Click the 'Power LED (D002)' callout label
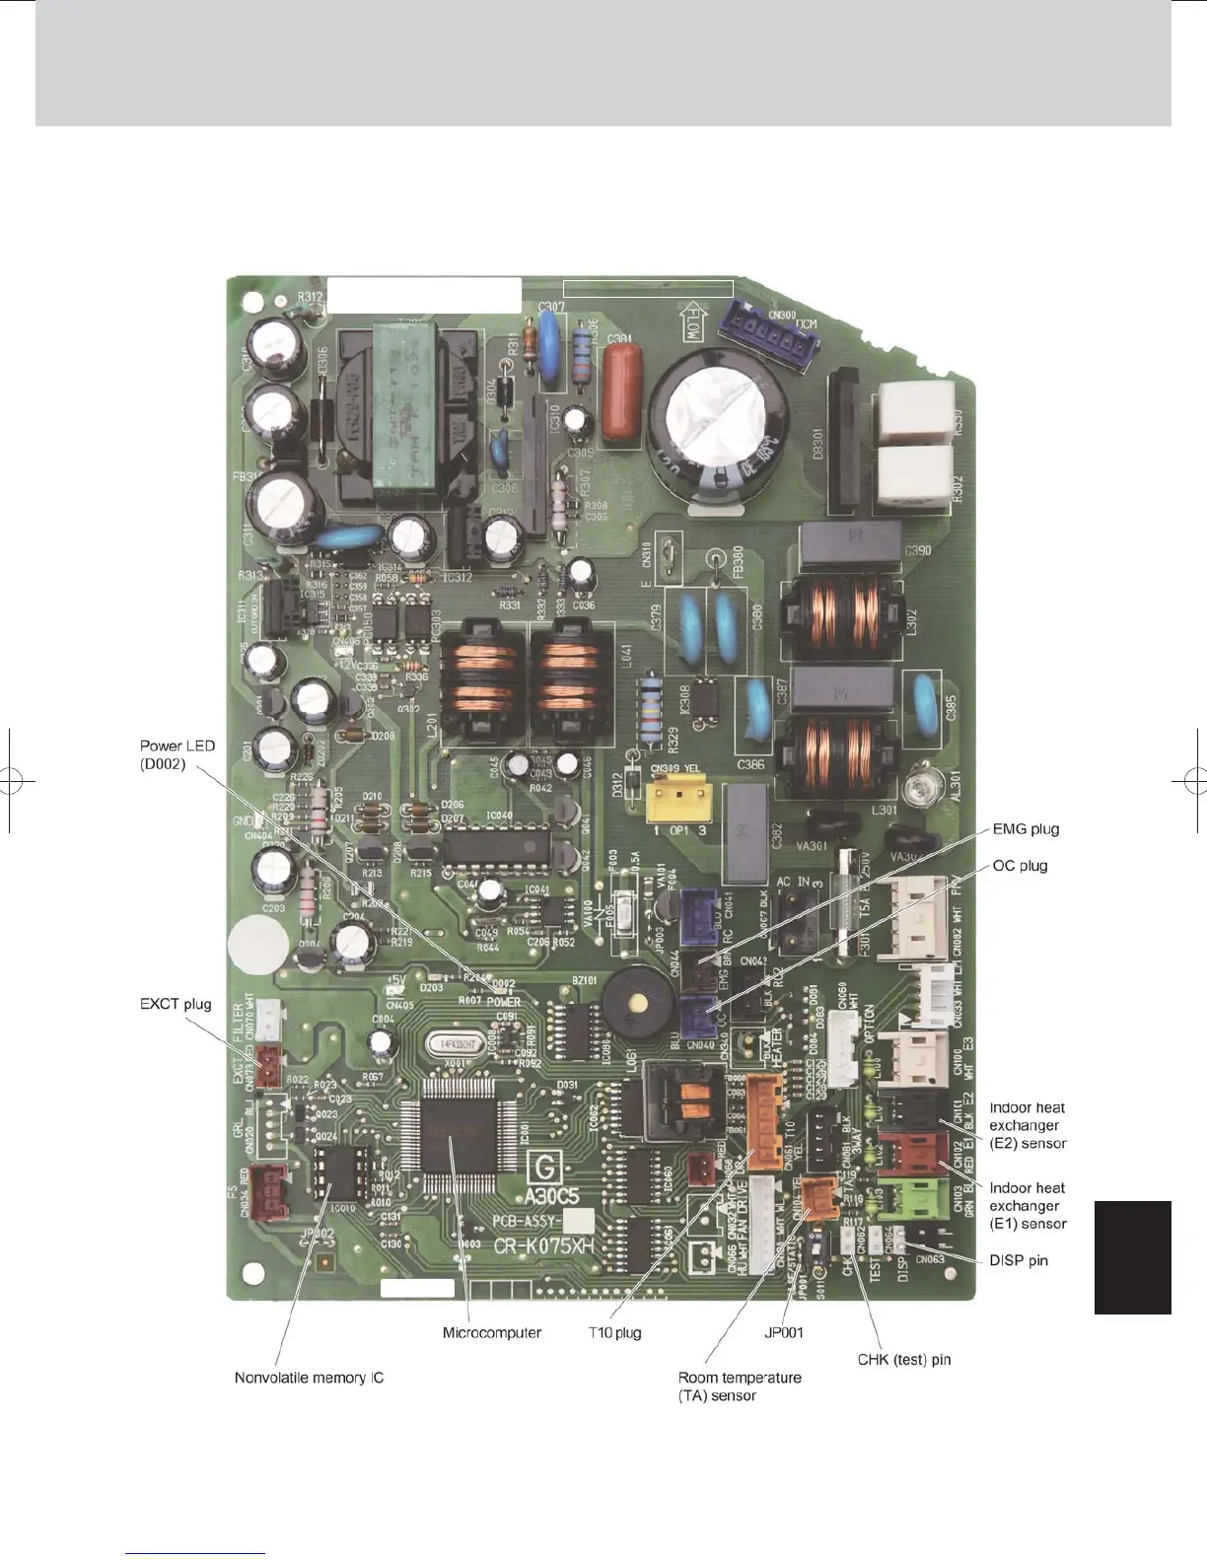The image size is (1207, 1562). click(177, 754)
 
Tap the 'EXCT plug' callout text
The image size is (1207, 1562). click(176, 1004)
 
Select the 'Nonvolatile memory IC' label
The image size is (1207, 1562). click(309, 1378)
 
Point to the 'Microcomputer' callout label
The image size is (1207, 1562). click(491, 1332)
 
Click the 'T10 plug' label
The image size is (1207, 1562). click(614, 1332)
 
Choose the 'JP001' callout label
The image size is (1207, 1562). click(784, 1332)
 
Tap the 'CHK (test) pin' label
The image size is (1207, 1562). click(903, 1360)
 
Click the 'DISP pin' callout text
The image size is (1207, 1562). click(1018, 1260)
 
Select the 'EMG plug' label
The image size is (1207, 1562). click(1026, 828)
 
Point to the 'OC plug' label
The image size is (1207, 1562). click(1020, 865)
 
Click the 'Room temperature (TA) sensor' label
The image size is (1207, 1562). click(740, 1386)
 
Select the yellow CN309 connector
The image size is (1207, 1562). click(678, 801)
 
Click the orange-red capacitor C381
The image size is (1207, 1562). click(620, 390)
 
